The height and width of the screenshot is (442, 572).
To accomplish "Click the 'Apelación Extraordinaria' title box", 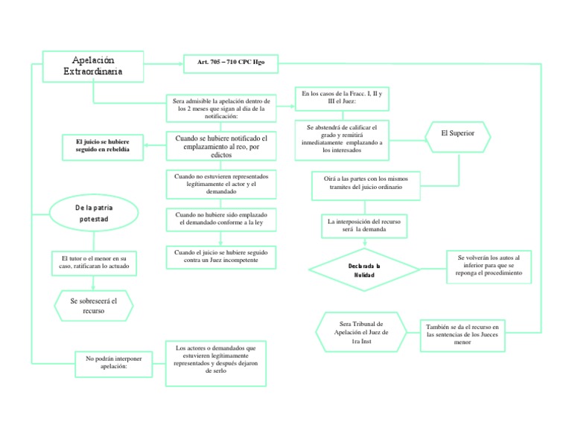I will [x=93, y=65].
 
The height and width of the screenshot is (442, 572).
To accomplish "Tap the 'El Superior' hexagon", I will [x=457, y=133].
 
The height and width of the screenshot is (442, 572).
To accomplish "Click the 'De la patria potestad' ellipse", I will [x=94, y=214].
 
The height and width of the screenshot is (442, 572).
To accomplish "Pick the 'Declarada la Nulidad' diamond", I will [x=363, y=269].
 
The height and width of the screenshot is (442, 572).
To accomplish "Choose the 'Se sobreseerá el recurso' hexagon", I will [x=94, y=305].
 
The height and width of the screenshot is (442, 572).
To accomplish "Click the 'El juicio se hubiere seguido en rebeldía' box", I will [x=103, y=145].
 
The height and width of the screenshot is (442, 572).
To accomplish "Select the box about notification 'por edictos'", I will [x=220, y=146].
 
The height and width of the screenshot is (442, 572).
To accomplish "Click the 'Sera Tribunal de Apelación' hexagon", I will [x=360, y=332].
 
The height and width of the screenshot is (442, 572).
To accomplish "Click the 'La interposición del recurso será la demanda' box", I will [x=364, y=225].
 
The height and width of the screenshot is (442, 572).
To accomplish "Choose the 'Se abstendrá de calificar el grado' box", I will [x=342, y=138].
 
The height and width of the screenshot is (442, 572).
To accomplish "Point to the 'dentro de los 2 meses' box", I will [x=221, y=108].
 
